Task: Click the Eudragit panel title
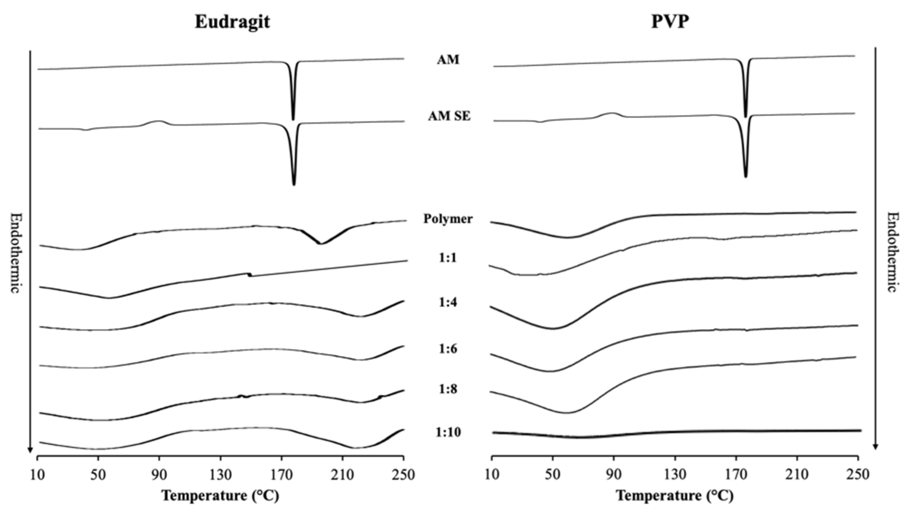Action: [233, 22]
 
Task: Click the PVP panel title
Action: [670, 22]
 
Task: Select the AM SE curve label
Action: [449, 116]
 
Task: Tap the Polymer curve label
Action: [448, 219]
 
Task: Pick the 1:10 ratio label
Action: [448, 432]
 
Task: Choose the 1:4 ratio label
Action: [448, 303]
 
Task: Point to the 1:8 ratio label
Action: [448, 389]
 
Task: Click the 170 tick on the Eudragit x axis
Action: [281, 475]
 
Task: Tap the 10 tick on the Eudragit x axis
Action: [37, 475]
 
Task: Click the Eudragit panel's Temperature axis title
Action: [220, 496]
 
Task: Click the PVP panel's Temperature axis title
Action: [675, 496]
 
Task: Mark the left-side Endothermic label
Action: [14, 253]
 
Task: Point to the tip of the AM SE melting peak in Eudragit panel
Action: [294, 185]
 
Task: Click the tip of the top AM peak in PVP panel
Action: [745, 117]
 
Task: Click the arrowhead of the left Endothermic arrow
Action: [30, 450]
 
